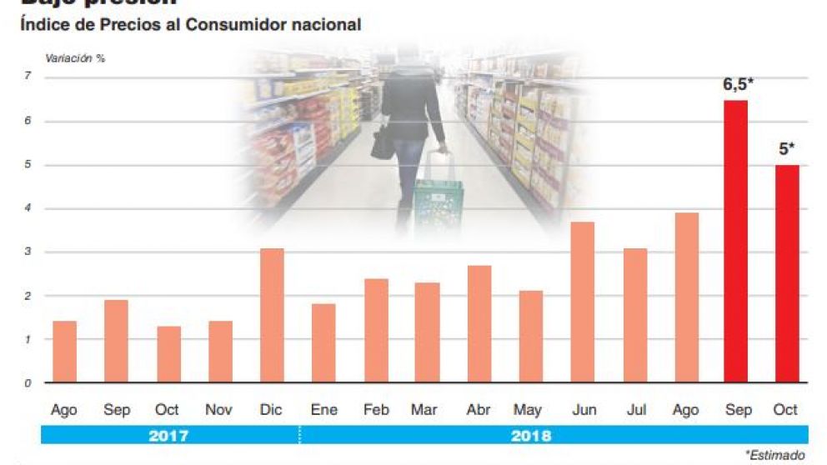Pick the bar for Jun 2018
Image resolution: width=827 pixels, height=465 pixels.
point(584,302)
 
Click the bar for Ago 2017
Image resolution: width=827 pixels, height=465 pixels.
point(64,352)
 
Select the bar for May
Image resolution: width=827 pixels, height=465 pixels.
point(531,337)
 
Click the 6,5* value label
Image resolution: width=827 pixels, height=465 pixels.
point(739,84)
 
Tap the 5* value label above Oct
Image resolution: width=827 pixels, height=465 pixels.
point(786,150)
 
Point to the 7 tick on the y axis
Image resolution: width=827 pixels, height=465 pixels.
point(28,77)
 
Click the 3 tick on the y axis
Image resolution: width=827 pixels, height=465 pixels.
point(28,252)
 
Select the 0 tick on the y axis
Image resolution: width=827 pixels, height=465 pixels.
point(28,383)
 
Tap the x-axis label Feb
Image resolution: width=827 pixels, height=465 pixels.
point(376,410)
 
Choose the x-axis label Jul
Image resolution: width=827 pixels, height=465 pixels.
point(636,410)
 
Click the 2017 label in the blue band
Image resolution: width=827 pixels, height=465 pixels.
point(168,435)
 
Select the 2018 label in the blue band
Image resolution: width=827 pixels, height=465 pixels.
point(530,435)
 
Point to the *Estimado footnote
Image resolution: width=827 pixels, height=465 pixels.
point(775,455)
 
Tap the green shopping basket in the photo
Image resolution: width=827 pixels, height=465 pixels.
point(439,204)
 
